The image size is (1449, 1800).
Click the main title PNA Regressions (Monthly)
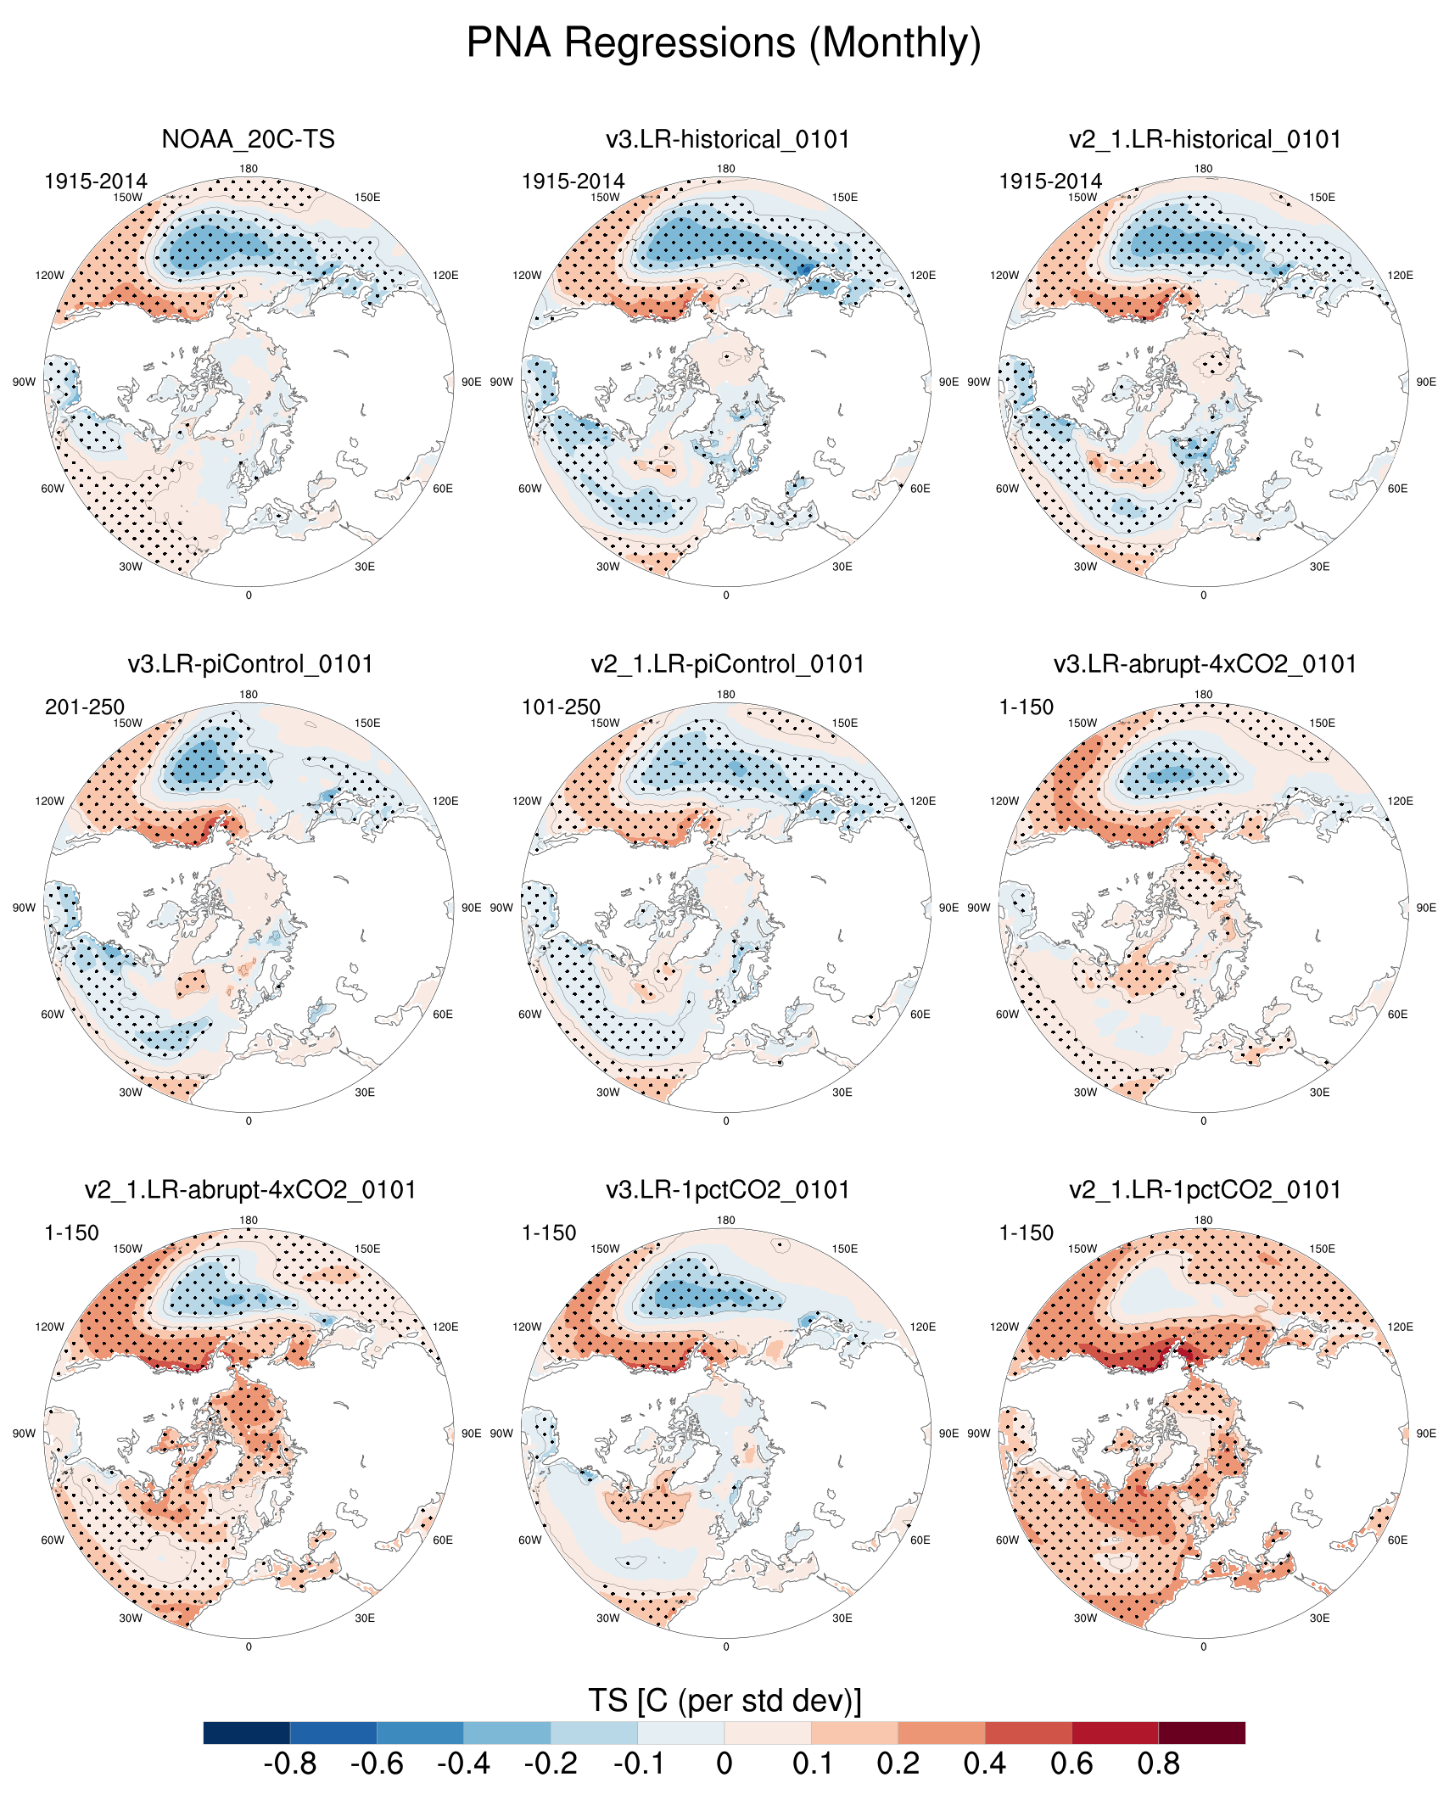(x=724, y=42)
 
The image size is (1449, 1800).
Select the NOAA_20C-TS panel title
(x=248, y=139)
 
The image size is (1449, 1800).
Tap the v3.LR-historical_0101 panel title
(x=727, y=139)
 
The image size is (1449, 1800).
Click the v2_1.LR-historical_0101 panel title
(x=1205, y=139)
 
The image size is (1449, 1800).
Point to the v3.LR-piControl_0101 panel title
(x=250, y=664)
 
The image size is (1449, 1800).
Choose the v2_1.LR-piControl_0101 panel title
(x=727, y=664)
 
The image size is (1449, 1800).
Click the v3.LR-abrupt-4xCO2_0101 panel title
(x=1205, y=664)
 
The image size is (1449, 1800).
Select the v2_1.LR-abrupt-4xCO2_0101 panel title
(x=250, y=1190)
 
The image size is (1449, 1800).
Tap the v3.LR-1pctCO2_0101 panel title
(x=727, y=1190)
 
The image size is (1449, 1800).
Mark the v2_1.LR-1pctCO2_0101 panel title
(x=1205, y=1190)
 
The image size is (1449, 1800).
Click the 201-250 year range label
(x=85, y=707)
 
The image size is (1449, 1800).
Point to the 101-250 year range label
(x=561, y=707)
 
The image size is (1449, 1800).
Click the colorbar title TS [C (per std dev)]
(x=724, y=1701)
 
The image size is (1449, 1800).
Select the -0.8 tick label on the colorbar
(x=290, y=1764)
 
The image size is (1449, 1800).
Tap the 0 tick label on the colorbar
(x=724, y=1764)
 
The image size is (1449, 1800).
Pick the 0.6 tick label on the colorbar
(x=1071, y=1764)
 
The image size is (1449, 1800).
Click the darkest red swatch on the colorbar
(x=1201, y=1733)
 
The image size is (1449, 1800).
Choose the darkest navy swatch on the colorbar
(x=247, y=1733)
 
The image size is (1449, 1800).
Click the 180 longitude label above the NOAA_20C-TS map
(x=249, y=169)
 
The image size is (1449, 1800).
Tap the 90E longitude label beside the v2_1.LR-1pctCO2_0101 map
(x=1425, y=1434)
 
